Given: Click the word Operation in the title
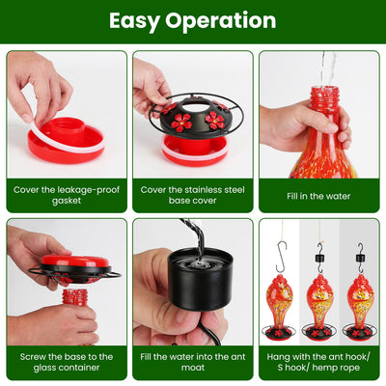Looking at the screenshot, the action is [221, 21].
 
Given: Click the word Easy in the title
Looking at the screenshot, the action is [134, 21].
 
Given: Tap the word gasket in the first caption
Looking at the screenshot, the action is [67, 201].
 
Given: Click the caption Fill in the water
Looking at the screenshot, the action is [318, 196].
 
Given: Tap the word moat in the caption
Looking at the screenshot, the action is [193, 368].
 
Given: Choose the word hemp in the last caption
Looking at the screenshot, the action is [322, 368].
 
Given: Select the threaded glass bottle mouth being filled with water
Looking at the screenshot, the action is [325, 95].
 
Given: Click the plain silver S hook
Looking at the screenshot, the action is [281, 258].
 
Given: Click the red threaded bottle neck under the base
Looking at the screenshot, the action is [74, 297].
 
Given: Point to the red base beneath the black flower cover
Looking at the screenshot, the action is [195, 151].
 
